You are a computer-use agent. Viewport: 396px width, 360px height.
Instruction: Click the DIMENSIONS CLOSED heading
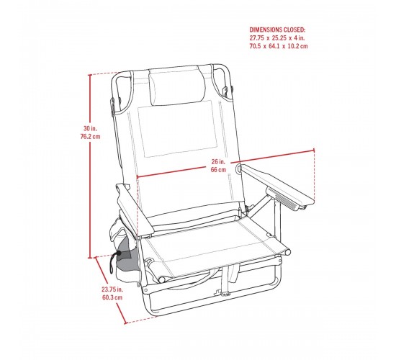pyautogui.click(x=277, y=30)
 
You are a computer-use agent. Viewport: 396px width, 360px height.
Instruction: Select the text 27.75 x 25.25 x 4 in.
pyautogui.click(x=277, y=38)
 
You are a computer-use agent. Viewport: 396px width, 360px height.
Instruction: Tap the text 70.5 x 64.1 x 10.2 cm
pyautogui.click(x=279, y=46)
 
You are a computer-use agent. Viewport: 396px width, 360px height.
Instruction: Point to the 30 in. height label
pyautogui.click(x=90, y=128)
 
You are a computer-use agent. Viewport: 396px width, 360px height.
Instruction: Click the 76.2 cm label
pyautogui.click(x=90, y=137)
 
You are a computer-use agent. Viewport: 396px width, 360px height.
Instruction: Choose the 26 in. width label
pyautogui.click(x=218, y=161)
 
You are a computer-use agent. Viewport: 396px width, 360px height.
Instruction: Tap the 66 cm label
pyautogui.click(x=218, y=169)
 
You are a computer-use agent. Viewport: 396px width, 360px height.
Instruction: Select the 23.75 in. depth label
pyautogui.click(x=112, y=289)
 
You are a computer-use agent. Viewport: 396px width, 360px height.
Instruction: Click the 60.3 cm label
pyautogui.click(x=112, y=297)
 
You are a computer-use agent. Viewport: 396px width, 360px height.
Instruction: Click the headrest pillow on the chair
pyautogui.click(x=177, y=86)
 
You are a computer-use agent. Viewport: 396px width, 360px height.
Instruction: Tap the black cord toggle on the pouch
pyautogui.click(x=118, y=253)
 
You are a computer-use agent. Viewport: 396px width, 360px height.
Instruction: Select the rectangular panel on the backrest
pyautogui.click(x=177, y=128)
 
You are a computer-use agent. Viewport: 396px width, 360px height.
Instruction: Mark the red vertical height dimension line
pyautogui.click(x=90, y=166)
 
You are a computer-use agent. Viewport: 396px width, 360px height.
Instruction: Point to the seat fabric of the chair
pyautogui.click(x=215, y=249)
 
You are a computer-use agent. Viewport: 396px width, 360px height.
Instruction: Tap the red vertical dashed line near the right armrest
pyautogui.click(x=314, y=174)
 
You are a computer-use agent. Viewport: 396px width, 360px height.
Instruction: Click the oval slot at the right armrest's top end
pyautogui.click(x=238, y=168)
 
